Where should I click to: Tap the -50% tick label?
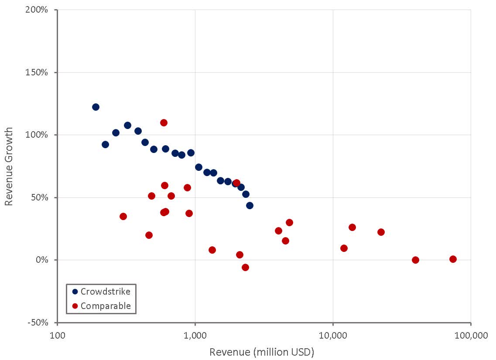[x=39, y=323]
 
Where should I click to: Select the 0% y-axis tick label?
[x=42, y=260]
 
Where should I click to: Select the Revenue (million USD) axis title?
[x=262, y=352]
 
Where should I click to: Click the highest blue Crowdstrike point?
[x=96, y=107]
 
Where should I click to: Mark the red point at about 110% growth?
[x=164, y=122]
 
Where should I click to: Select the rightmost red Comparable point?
[x=453, y=259]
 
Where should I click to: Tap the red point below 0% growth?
[x=245, y=267]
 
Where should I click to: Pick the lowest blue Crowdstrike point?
[x=250, y=205]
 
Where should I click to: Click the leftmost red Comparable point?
[x=123, y=216]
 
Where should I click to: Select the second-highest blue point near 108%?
[x=127, y=125]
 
